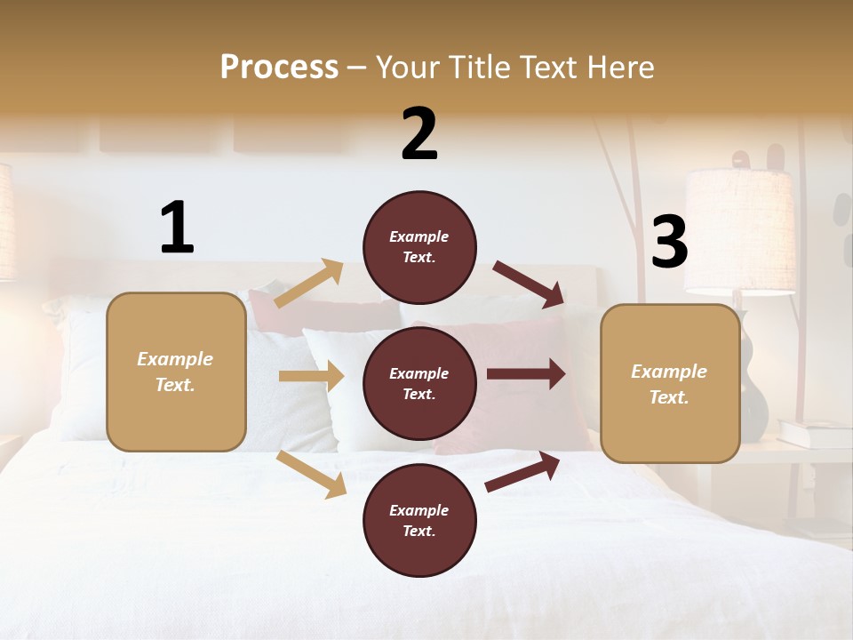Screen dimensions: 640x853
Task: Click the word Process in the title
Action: (279, 67)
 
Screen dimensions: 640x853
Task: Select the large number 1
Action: (177, 228)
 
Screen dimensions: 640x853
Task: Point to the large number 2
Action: (419, 134)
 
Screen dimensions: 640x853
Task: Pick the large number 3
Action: (669, 243)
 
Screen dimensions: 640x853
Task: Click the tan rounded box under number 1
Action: (176, 372)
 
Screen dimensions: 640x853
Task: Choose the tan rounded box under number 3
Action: (670, 383)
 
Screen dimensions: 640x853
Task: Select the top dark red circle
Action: (419, 247)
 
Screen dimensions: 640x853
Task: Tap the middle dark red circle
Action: (419, 383)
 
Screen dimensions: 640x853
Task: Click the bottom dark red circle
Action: (419, 520)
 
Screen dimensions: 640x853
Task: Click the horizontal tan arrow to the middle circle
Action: (311, 376)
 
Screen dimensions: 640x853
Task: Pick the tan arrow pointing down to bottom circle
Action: (311, 474)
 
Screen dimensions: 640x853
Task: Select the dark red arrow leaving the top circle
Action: (529, 284)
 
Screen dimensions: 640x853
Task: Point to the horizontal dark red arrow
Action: (526, 373)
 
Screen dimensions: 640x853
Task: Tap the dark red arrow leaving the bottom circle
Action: (522, 471)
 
